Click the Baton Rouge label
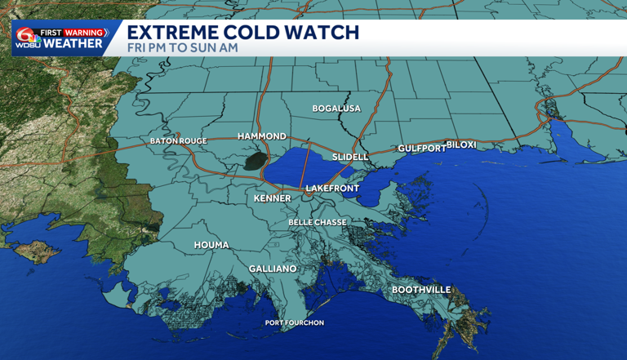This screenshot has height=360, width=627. click(178, 141)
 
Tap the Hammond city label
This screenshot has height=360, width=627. click(261, 136)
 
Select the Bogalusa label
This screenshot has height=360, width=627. click(336, 109)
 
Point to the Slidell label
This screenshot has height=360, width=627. click(351, 156)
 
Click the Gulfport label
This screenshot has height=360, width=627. click(421, 149)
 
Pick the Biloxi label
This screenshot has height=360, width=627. click(460, 144)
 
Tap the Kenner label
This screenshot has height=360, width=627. click(272, 198)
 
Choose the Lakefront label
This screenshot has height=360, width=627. click(332, 189)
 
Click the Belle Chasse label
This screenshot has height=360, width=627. click(318, 222)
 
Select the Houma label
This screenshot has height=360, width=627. click(211, 245)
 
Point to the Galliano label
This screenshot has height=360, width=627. click(272, 269)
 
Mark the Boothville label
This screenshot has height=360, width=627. click(420, 290)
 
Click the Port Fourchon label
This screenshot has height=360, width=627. click(295, 323)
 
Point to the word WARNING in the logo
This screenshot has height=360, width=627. click(87, 33)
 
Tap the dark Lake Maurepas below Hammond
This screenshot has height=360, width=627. click(256, 161)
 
